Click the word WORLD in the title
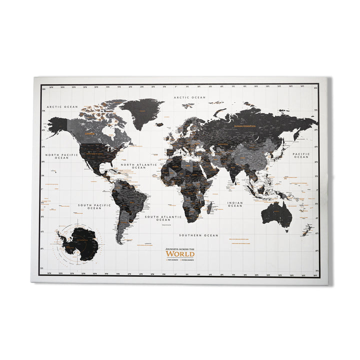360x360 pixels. coord(180,253)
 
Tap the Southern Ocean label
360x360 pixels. coord(199,235)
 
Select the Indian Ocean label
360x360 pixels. coord(235,204)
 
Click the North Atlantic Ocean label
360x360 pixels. coord(138,165)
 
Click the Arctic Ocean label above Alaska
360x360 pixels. coord(62,106)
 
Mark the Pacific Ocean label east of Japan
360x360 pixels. coord(301,155)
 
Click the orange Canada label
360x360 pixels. coord(90,134)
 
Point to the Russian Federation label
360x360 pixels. coord(245,126)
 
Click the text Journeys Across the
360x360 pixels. coord(180,248)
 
